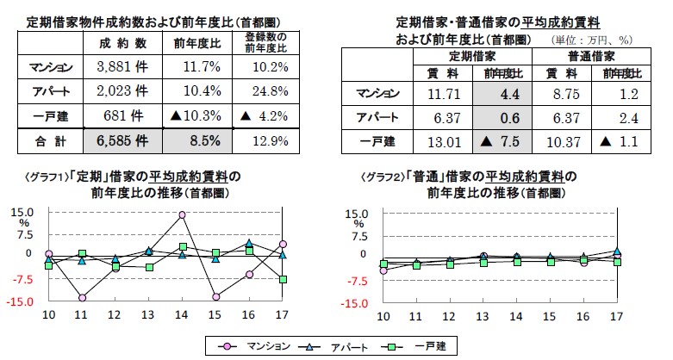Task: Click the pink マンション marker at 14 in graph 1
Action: tap(183, 214)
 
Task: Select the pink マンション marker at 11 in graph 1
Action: tap(82, 298)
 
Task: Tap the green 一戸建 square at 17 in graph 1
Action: tap(283, 279)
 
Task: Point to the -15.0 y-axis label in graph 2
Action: tap(356, 303)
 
